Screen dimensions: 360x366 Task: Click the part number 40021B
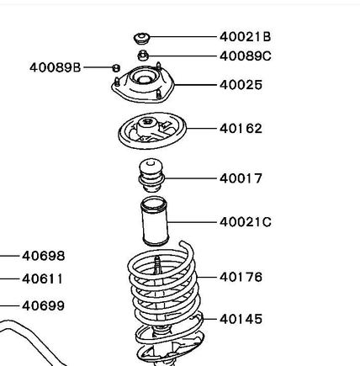[x=245, y=37]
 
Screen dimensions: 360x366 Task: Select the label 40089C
[x=246, y=56]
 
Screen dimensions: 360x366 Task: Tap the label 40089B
[x=56, y=67]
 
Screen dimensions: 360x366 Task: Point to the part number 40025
[x=241, y=85]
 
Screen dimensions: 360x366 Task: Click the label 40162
[x=241, y=129]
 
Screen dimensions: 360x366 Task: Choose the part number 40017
[x=241, y=178]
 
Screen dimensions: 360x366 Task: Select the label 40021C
[x=246, y=222]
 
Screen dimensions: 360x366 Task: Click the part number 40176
[x=241, y=277]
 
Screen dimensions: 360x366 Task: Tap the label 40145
[x=241, y=319]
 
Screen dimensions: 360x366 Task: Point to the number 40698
[x=44, y=256]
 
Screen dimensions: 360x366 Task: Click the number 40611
[x=43, y=278]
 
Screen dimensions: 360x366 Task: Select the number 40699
[x=43, y=305]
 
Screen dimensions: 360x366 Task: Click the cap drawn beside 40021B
[x=141, y=38]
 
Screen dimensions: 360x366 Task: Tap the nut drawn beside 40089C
[x=143, y=56]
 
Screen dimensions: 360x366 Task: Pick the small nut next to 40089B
[x=116, y=68]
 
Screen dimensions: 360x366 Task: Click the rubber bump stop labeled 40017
[x=151, y=175]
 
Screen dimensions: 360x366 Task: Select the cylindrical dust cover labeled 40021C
[x=155, y=221]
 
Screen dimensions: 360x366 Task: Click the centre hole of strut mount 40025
[x=144, y=79]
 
